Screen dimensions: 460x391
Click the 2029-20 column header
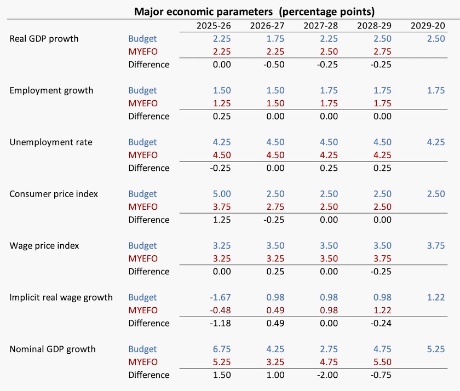tap(428, 26)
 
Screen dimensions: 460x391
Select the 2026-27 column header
tap(267, 26)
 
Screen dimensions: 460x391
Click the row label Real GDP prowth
tap(44, 39)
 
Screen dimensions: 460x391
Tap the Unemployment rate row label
tap(51, 142)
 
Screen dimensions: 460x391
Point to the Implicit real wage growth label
tap(61, 297)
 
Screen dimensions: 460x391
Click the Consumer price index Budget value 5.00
tap(222, 194)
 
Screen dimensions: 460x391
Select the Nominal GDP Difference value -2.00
tap(327, 375)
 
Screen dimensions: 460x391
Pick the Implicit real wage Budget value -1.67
tap(220, 297)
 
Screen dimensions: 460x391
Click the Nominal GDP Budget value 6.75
tap(222, 349)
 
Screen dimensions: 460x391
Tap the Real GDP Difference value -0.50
tap(274, 65)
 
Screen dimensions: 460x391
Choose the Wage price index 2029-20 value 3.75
tap(436, 245)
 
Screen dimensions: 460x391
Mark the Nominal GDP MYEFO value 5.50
tap(383, 362)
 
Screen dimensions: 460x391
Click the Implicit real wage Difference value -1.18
tap(220, 323)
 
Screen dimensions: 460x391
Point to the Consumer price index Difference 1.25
tap(222, 220)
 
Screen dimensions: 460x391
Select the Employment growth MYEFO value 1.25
tap(222, 104)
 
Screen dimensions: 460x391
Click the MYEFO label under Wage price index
tap(143, 258)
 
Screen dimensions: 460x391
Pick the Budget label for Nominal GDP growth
tap(142, 349)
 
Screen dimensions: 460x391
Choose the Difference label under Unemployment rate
tap(149, 168)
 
